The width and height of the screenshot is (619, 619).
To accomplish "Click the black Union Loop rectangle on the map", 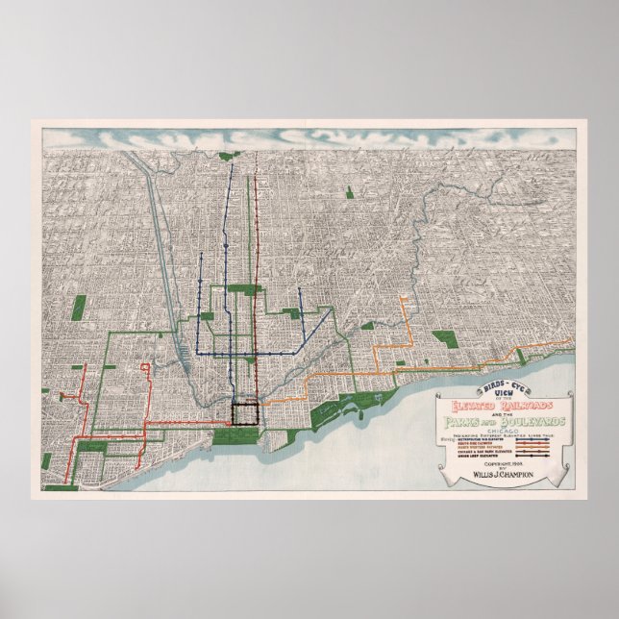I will pos(245,414).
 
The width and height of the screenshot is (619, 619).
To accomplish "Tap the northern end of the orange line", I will pos(405,303).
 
